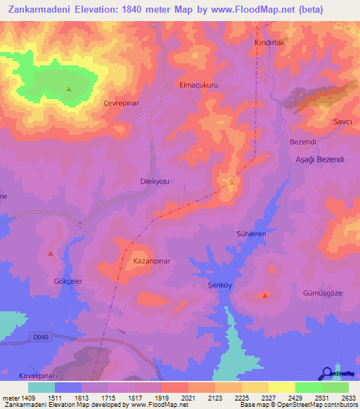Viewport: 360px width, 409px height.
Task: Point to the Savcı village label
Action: tap(342, 121)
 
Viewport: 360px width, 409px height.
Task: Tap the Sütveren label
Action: tap(250, 233)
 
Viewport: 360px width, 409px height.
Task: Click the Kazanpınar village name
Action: tap(152, 260)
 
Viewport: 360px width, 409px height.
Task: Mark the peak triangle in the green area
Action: tap(69, 89)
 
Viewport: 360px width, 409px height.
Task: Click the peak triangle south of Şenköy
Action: tap(264, 296)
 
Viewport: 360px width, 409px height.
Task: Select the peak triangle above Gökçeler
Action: tap(50, 253)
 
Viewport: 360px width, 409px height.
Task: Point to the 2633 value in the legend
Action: tap(349, 398)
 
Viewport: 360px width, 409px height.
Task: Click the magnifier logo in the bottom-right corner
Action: tap(326, 373)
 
